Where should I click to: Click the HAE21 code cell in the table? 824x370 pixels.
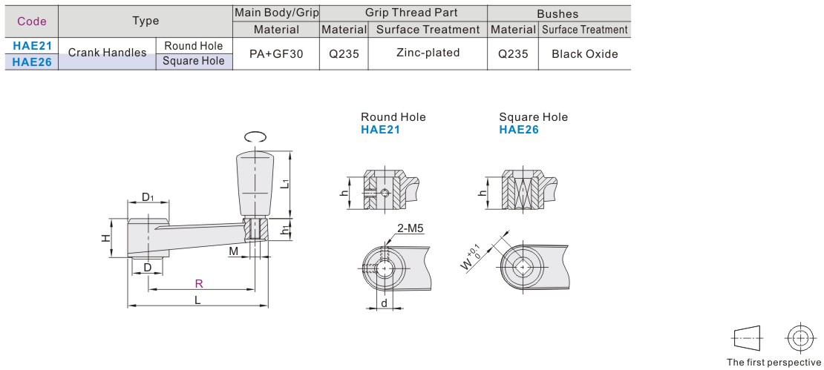point(31,45)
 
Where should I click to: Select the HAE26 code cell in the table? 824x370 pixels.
point(31,62)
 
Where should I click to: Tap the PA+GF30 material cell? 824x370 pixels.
point(276,53)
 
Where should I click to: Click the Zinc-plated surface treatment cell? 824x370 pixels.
point(428,53)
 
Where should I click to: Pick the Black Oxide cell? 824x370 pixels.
point(584,53)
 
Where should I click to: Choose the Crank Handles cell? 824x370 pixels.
point(107,53)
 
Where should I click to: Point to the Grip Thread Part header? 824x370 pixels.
point(403,13)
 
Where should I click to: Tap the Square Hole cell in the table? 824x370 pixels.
point(194,62)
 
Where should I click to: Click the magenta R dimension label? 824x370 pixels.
point(199,284)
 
